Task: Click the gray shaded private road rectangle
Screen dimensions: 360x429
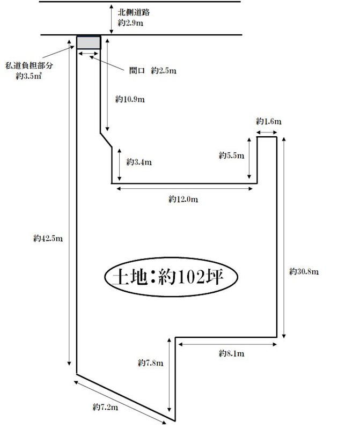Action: pyautogui.click(x=89, y=42)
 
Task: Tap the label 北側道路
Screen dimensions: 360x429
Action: pyautogui.click(x=134, y=12)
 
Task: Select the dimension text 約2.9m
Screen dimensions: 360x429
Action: pyautogui.click(x=130, y=23)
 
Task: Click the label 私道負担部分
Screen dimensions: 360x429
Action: pyautogui.click(x=29, y=65)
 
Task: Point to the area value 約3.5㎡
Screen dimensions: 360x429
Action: pyautogui.click(x=28, y=76)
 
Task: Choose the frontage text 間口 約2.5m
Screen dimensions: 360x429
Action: pyautogui.click(x=153, y=71)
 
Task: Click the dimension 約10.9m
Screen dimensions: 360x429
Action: pyautogui.click(x=130, y=99)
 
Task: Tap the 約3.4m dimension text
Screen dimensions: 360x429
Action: pyautogui.click(x=139, y=162)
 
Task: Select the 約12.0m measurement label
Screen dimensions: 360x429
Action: pyautogui.click(x=183, y=199)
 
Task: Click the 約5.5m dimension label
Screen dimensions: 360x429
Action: pyautogui.click(x=232, y=156)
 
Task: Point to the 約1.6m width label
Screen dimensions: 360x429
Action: pyautogui.click(x=269, y=121)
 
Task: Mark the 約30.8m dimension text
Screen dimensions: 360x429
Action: pyautogui.click(x=304, y=272)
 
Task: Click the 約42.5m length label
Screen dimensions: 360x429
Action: pyautogui.click(x=48, y=239)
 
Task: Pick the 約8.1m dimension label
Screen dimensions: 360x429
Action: pyautogui.click(x=232, y=353)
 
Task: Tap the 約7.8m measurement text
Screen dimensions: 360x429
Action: pyautogui.click(x=151, y=363)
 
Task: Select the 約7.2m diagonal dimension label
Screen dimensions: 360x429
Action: pyautogui.click(x=105, y=407)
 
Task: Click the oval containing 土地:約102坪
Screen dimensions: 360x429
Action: pyautogui.click(x=171, y=277)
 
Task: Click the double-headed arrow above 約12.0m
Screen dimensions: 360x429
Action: pyautogui.click(x=185, y=189)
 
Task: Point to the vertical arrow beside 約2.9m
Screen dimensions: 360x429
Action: pyautogui.click(x=111, y=19)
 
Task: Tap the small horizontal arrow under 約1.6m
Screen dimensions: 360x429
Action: pyautogui.click(x=267, y=132)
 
